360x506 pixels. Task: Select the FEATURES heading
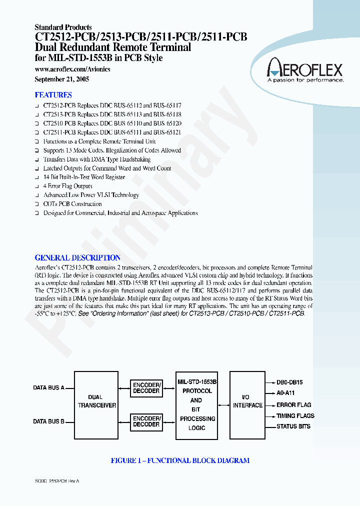pyautogui.click(x=53, y=95)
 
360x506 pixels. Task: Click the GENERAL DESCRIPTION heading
pyautogui.click(x=77, y=258)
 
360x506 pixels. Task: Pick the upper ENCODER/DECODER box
pyautogui.click(x=146, y=387)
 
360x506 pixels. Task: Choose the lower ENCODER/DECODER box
pyautogui.click(x=146, y=421)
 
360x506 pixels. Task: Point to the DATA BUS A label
pyautogui.click(x=49, y=387)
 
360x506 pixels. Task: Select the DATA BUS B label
pyautogui.click(x=49, y=421)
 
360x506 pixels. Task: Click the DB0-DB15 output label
pyautogui.click(x=289, y=382)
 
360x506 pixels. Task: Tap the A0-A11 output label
pyautogui.click(x=286, y=393)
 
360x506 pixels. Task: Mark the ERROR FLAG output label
pyautogui.click(x=293, y=405)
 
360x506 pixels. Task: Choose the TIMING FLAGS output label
pyautogui.click(x=295, y=416)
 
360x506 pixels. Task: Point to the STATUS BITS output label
pyautogui.click(x=293, y=426)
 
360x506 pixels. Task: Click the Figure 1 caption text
pyautogui.click(x=180, y=460)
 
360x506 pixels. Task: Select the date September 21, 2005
pyautogui.click(x=61, y=79)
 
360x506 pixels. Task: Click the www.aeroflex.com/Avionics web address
pyautogui.click(x=72, y=69)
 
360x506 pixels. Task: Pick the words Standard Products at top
pyautogui.click(x=63, y=27)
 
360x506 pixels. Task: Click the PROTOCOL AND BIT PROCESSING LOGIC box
pyautogui.click(x=196, y=404)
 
